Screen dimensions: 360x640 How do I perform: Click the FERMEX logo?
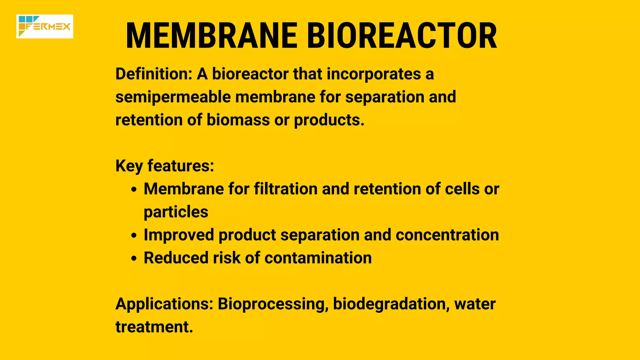coord(45,27)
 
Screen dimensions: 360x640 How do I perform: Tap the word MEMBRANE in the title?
coord(212,36)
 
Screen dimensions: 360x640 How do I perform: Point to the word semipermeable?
coord(173,97)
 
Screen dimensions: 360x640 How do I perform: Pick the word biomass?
coord(238,120)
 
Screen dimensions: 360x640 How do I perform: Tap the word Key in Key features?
coord(129,166)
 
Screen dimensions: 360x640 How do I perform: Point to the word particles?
coord(176,212)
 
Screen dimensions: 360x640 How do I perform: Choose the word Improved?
coord(179,235)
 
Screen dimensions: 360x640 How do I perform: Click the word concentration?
coord(447,235)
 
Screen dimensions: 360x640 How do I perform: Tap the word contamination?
coord(318,258)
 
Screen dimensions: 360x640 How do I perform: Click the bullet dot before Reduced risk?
coord(134,259)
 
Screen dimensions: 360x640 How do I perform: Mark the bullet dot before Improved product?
coord(134,236)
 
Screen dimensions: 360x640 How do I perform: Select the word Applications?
coord(164,304)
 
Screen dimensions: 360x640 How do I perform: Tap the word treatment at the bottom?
coord(154,327)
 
